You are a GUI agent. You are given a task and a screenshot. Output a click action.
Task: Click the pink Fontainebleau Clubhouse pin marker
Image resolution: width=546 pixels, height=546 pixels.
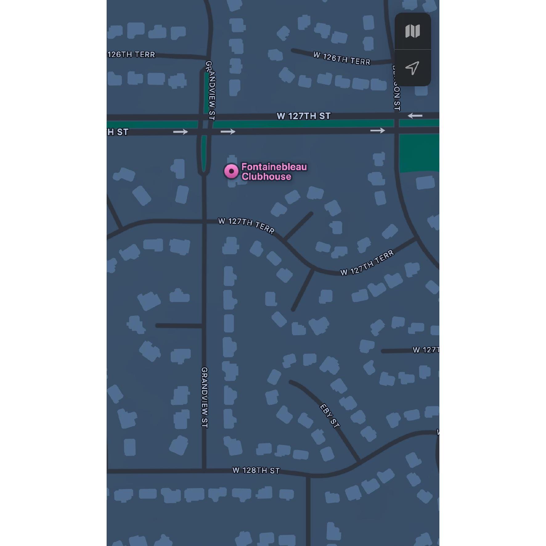pyautogui.click(x=231, y=171)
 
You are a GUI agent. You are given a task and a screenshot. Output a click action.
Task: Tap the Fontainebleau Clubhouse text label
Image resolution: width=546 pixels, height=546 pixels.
pyautogui.click(x=274, y=172)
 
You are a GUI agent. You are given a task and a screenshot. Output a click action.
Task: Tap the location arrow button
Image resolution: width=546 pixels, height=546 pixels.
pyautogui.click(x=412, y=68)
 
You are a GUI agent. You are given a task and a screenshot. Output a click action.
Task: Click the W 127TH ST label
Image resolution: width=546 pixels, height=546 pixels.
pyautogui.click(x=303, y=116)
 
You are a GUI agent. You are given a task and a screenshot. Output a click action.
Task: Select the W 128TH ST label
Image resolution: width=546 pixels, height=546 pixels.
pyautogui.click(x=256, y=470)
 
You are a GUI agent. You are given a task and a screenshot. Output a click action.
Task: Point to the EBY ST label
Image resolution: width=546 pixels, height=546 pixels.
pyautogui.click(x=330, y=416)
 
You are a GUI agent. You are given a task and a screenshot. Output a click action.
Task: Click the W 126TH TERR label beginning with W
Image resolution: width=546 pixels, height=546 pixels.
pyautogui.click(x=341, y=58)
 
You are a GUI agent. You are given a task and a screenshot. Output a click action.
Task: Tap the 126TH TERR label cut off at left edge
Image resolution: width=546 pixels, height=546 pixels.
pyautogui.click(x=131, y=55)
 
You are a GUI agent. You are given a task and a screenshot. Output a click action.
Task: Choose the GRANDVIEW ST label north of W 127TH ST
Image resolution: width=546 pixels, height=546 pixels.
pyautogui.click(x=211, y=90)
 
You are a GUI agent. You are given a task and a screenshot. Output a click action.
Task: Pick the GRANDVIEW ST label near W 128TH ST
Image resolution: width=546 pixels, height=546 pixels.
pyautogui.click(x=204, y=397)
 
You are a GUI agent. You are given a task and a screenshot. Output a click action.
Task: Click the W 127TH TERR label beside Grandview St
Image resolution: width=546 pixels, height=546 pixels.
pyautogui.click(x=246, y=226)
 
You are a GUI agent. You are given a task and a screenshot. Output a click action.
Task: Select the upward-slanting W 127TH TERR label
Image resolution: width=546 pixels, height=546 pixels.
pyautogui.click(x=367, y=263)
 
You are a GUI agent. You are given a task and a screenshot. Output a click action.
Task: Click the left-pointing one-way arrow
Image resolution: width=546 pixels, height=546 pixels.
pyautogui.click(x=415, y=116)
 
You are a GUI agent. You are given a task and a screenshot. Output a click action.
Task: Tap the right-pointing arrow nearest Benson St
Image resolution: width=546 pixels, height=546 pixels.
pyautogui.click(x=377, y=131)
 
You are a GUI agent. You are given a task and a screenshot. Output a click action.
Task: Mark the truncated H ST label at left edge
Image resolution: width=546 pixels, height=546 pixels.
pyautogui.click(x=118, y=132)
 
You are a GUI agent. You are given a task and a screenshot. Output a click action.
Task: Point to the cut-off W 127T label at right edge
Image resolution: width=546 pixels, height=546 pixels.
pyautogui.click(x=426, y=350)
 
